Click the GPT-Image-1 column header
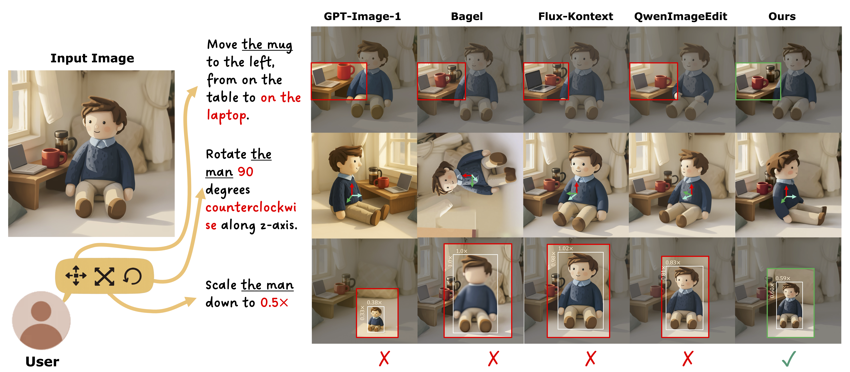tap(362, 16)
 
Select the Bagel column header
tap(467, 16)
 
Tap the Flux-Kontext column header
tap(575, 16)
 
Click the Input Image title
tap(92, 58)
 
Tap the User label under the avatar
tap(42, 361)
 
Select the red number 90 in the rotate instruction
tap(246, 172)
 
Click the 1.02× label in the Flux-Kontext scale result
tap(566, 248)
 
